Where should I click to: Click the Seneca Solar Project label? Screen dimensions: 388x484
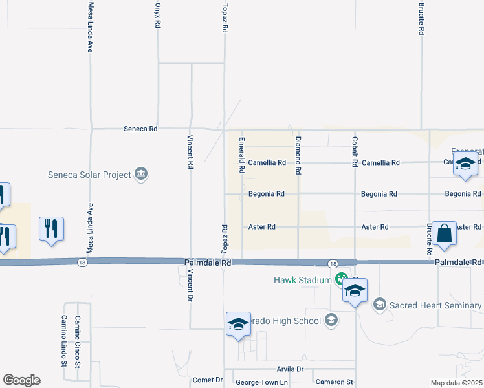[89, 174]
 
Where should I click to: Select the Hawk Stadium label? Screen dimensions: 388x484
[302, 279]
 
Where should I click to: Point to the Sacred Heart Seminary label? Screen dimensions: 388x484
[435, 305]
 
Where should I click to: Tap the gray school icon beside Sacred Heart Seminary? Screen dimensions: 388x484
[380, 304]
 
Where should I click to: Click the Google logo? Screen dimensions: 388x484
[21, 380]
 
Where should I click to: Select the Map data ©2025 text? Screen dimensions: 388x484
[457, 383]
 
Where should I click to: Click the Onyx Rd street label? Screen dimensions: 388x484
[157, 15]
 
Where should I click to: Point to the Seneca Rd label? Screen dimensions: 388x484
[140, 129]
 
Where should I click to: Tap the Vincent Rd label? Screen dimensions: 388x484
[191, 153]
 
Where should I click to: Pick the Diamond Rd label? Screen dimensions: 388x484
[298, 156]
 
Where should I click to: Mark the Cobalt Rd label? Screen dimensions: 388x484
[355, 152]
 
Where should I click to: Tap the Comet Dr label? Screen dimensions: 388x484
[208, 380]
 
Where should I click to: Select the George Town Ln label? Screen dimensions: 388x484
[261, 382]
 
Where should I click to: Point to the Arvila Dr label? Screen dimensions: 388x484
[290, 369]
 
